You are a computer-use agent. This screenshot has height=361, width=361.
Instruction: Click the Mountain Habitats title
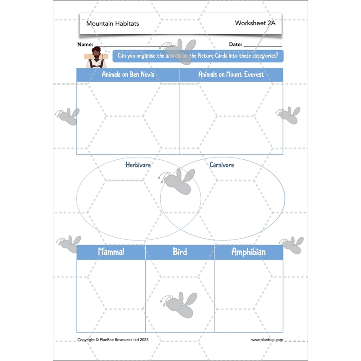[112, 23]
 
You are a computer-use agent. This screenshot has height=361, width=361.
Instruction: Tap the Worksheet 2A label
[255, 23]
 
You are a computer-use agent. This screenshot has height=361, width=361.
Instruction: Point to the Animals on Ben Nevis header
[128, 74]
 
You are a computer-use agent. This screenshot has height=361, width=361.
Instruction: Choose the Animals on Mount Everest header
[231, 74]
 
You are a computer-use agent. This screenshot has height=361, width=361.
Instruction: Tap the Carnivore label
[222, 165]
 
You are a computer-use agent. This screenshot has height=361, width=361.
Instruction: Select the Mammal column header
[111, 252]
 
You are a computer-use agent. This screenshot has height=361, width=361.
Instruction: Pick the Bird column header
[180, 252]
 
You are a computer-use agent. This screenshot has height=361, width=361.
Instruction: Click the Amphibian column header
[249, 252]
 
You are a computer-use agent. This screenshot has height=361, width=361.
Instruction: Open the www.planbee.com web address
[267, 340]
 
